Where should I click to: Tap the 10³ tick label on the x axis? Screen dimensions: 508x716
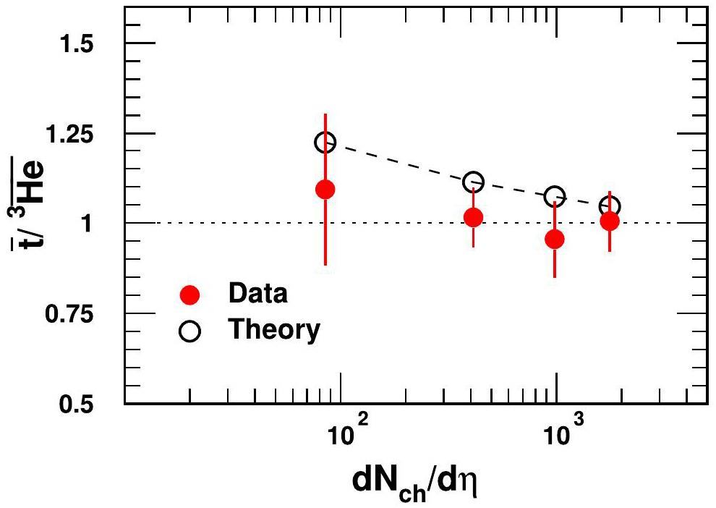(x=558, y=436)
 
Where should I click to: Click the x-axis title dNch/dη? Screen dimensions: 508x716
(x=416, y=480)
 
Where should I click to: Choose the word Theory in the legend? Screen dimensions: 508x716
(x=274, y=330)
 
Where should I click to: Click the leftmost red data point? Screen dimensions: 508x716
(x=325, y=190)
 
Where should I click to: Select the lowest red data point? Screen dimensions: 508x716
(x=555, y=239)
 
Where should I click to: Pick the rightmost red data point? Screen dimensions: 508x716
(x=610, y=221)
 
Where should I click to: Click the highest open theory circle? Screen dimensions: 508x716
(x=325, y=142)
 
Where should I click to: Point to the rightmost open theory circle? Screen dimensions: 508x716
(x=610, y=207)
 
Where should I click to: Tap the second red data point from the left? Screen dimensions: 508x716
(x=473, y=217)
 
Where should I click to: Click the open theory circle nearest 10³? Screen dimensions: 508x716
(x=555, y=196)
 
